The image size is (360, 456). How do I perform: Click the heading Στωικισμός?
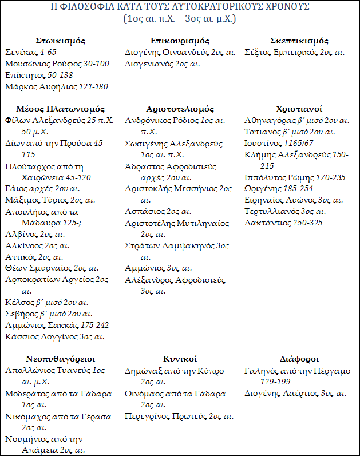point(60,41)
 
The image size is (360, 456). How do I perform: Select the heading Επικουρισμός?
point(180,41)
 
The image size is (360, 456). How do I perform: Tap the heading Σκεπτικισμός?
point(299,41)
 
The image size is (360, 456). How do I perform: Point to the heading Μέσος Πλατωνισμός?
point(60,109)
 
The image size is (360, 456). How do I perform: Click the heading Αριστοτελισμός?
point(180,109)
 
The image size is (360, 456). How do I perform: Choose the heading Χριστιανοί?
point(299,109)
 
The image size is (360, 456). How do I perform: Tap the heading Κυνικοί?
point(180,359)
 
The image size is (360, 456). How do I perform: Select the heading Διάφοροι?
point(299,359)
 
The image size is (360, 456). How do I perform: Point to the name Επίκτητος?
point(22,76)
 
